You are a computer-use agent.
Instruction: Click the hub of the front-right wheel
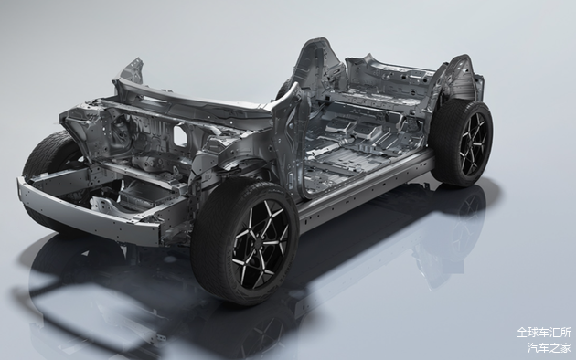point(261,240)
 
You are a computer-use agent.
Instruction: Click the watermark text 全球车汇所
point(544,333)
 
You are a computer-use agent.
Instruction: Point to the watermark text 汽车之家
point(549,347)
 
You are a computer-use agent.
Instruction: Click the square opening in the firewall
point(181,135)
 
